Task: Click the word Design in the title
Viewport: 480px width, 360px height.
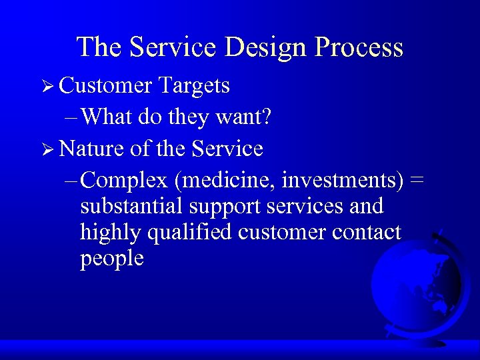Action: click(270, 47)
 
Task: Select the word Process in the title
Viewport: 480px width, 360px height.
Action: click(361, 47)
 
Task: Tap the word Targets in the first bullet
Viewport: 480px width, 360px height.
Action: click(194, 85)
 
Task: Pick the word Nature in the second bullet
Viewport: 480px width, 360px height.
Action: click(91, 148)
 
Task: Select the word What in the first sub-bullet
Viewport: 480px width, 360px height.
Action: click(110, 117)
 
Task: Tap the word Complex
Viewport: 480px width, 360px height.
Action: click(126, 181)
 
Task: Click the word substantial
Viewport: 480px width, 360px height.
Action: click(129, 207)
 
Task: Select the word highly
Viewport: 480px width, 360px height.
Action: click(107, 233)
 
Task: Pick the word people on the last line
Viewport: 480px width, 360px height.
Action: click(111, 259)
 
